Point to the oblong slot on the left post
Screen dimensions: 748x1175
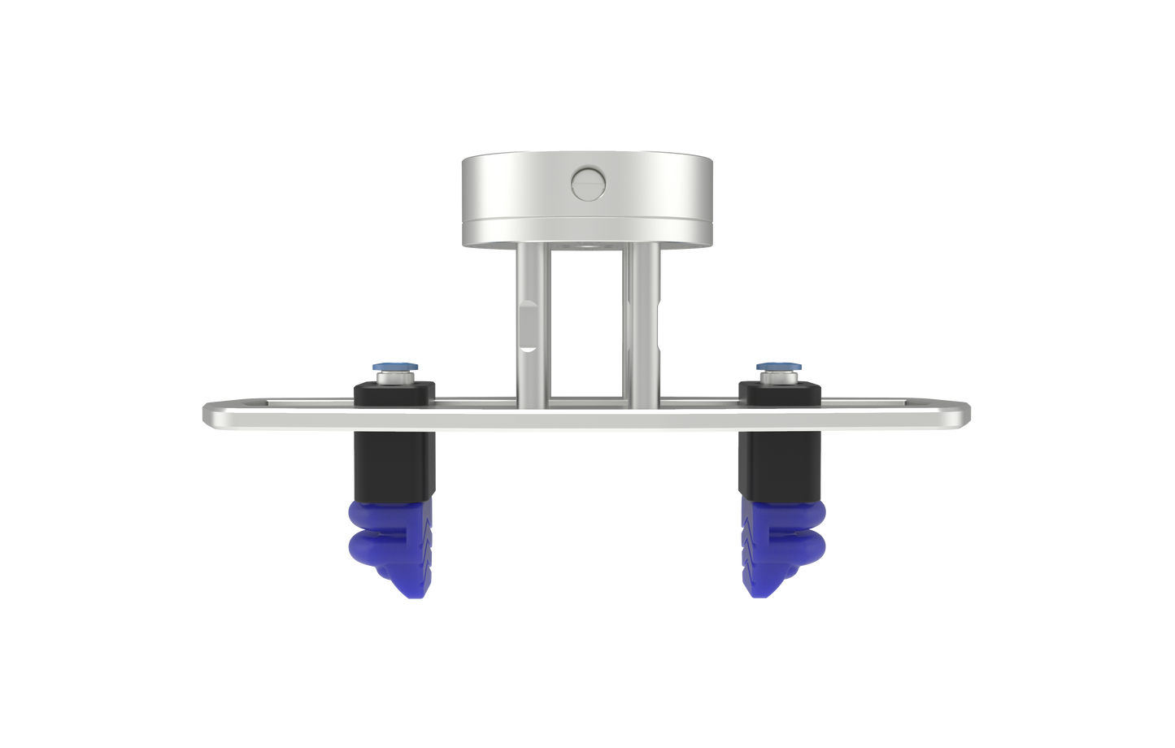pyautogui.click(x=528, y=325)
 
